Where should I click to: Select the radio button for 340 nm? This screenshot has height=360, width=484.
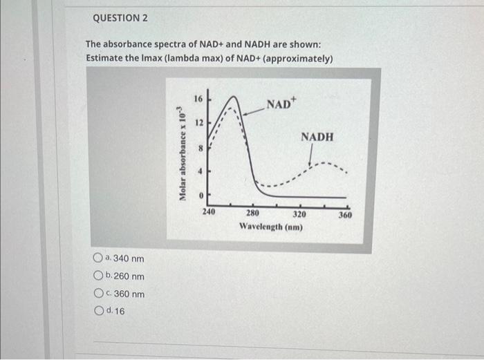[x=97, y=258]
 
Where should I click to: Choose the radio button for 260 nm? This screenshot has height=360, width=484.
[x=97, y=276]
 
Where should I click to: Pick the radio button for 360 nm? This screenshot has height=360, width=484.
[x=97, y=294]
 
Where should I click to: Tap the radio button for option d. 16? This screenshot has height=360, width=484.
[x=97, y=311]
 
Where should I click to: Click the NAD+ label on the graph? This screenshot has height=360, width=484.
[x=281, y=104]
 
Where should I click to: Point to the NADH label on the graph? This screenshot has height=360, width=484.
[x=317, y=138]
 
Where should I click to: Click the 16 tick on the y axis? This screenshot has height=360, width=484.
[x=198, y=99]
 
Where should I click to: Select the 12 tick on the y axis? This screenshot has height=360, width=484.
[x=198, y=123]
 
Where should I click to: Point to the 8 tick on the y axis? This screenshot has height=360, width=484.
[x=200, y=147]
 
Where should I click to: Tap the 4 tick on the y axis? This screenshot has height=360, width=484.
[x=200, y=171]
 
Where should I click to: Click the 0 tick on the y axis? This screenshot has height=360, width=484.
[x=200, y=196]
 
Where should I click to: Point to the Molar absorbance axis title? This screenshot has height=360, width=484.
[x=183, y=153]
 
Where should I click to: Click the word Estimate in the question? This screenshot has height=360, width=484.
[x=106, y=58]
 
